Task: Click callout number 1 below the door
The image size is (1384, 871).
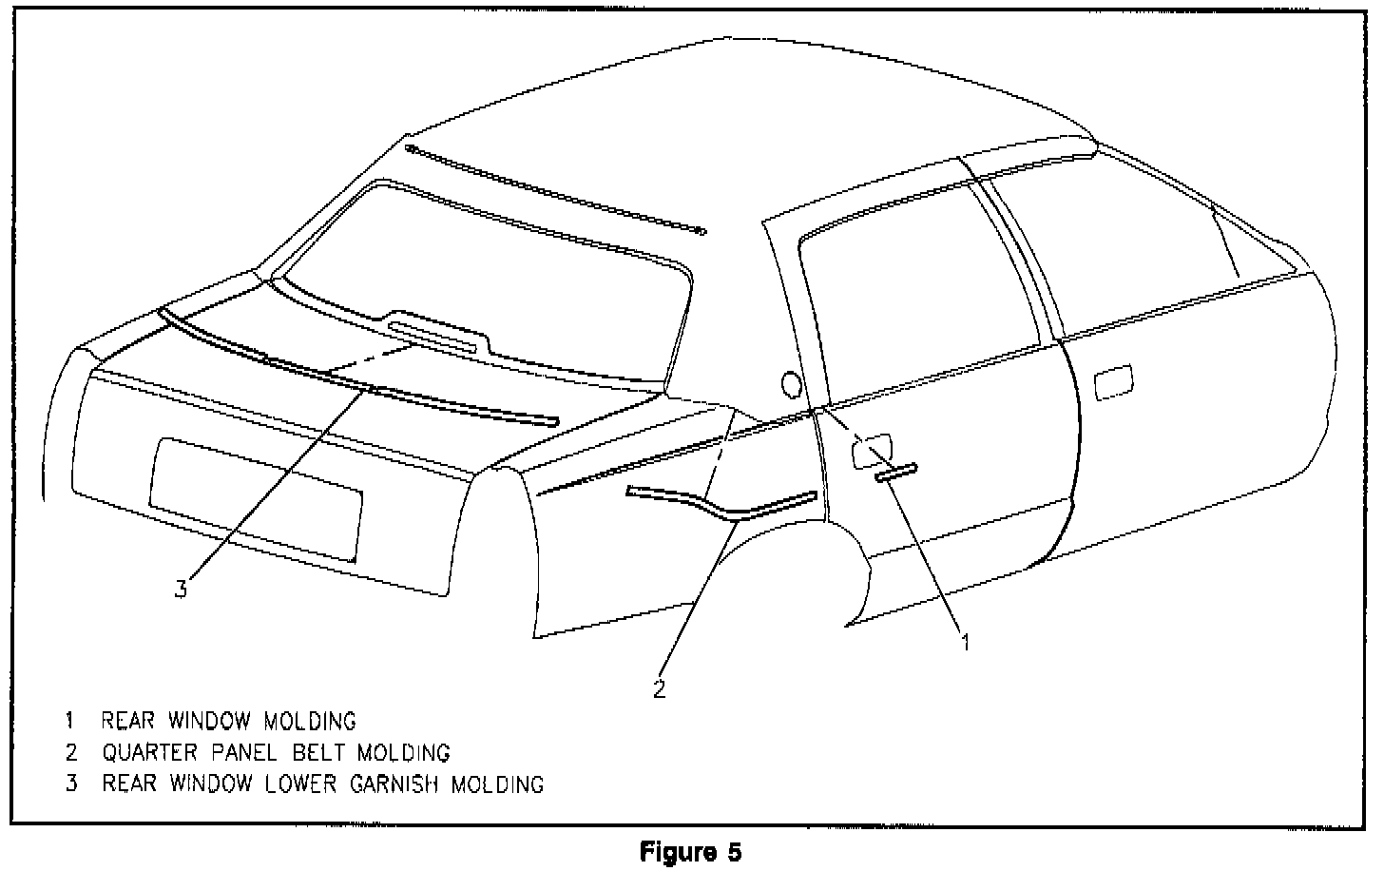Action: point(966,643)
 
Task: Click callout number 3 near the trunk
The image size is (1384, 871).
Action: point(181,590)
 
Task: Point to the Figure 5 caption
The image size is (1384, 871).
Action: point(690,851)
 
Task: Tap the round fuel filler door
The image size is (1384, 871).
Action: point(791,383)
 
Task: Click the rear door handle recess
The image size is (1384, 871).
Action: point(872,450)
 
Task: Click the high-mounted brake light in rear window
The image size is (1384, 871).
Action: point(432,337)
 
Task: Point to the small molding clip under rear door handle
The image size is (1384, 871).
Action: point(896,473)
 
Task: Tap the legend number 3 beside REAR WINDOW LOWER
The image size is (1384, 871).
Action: point(70,784)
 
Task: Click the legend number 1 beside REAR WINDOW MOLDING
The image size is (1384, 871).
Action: point(70,721)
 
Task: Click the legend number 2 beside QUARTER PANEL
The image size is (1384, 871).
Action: point(70,753)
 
